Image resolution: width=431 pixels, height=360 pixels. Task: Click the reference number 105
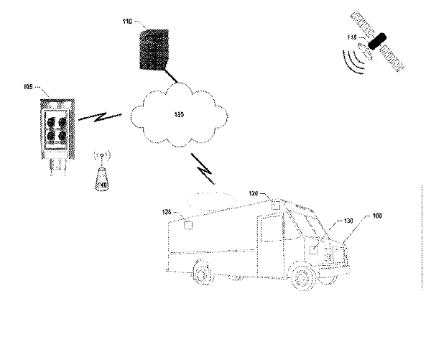(29, 88)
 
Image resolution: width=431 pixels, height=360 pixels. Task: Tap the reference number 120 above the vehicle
(254, 193)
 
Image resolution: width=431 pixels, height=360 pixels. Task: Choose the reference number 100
(376, 215)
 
